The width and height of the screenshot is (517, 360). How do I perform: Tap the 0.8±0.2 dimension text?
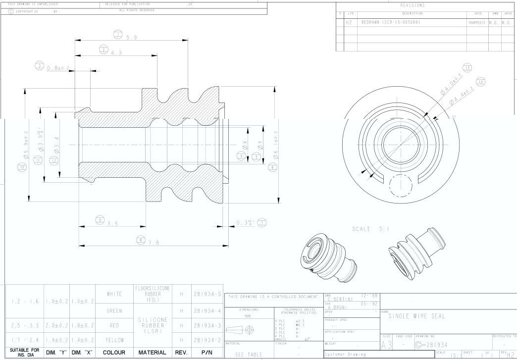(x=57, y=68)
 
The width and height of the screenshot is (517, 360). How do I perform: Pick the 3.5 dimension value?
(x=115, y=223)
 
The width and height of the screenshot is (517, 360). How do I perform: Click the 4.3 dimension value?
(x=117, y=52)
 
